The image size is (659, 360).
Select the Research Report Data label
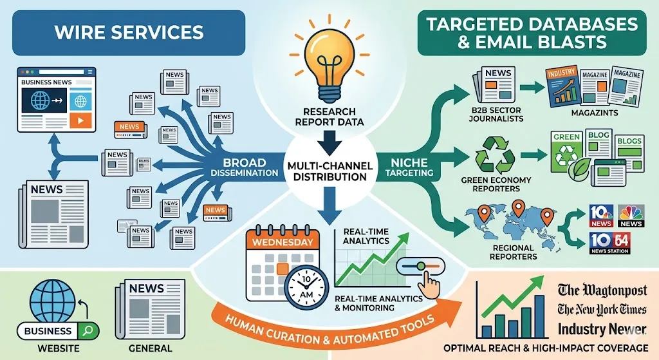(x=329, y=116)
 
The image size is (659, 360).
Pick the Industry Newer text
(x=602, y=329)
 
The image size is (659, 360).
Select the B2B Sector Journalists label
(x=496, y=113)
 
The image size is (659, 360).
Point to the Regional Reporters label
(x=512, y=252)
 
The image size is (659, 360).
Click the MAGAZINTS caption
(x=594, y=113)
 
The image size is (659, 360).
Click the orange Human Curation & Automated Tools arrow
(x=335, y=325)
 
